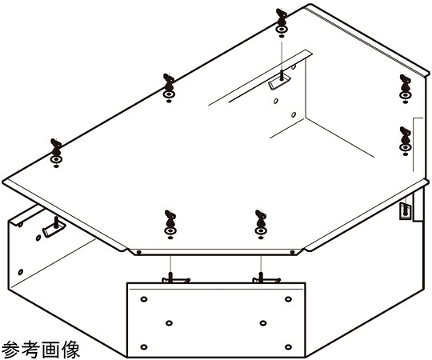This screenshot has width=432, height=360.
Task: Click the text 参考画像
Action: click(41, 349)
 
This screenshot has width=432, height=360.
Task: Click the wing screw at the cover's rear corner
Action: click(282, 23)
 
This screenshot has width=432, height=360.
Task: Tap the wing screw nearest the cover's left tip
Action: click(56, 154)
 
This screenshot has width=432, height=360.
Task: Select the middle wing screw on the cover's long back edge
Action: click(169, 88)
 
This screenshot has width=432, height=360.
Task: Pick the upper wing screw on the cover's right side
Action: click(405, 89)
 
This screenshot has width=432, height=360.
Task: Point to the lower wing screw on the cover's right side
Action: click(405, 142)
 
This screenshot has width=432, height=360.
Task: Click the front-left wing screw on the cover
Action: click(170, 225)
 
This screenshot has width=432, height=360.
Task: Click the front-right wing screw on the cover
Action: click(261, 225)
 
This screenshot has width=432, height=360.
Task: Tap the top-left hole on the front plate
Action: click(143, 299)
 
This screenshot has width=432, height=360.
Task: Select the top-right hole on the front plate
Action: click(288, 299)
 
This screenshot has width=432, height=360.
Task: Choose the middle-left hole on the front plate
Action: click(169, 323)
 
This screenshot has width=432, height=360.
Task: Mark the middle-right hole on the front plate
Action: click(263, 323)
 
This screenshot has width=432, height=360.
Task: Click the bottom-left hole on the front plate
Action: click(143, 346)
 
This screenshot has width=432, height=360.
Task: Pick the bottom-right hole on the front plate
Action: click(288, 346)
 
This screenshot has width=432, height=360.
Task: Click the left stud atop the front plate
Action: click(171, 278)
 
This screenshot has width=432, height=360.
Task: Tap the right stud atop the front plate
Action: click(261, 278)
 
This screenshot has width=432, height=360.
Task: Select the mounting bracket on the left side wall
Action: click(54, 227)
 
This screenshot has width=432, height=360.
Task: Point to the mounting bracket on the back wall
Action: click(279, 81)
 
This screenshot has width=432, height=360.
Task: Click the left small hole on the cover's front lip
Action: click(139, 252)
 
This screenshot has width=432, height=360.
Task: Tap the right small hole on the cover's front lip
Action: click(293, 252)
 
